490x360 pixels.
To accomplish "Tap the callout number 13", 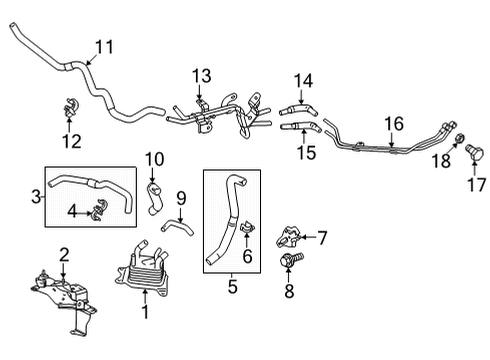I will [x=203, y=76].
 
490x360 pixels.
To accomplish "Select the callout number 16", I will [x=394, y=124].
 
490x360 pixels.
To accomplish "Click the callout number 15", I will [x=303, y=153].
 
